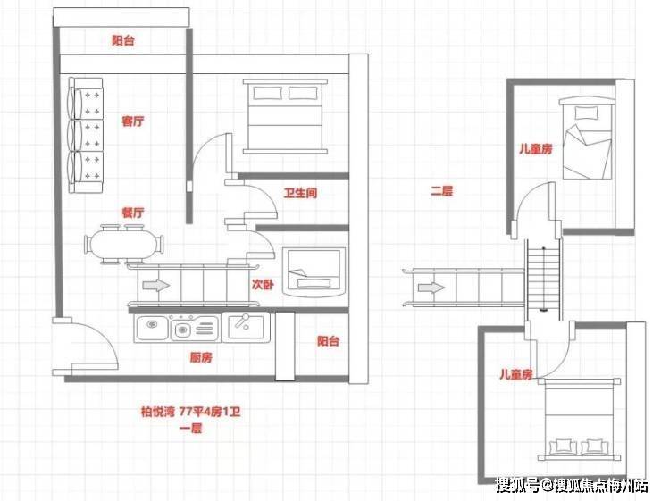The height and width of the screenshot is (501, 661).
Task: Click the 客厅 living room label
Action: [x=133, y=121]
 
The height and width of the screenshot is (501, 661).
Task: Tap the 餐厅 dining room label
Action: [x=133, y=213]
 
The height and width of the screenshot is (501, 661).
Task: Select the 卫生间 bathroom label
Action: [x=300, y=194]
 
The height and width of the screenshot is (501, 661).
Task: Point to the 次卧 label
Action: [x=263, y=284]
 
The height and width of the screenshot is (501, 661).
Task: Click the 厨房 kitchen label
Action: [x=201, y=358]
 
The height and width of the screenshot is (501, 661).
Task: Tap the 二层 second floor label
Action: [x=441, y=191]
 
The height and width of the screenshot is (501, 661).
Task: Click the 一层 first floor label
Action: [x=191, y=429]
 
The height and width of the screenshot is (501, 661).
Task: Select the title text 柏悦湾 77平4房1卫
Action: [x=190, y=412]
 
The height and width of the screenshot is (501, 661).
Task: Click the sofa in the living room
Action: [x=86, y=135]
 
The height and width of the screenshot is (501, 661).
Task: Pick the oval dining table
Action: [x=124, y=246]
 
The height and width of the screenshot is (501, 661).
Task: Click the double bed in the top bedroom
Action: [x=285, y=116]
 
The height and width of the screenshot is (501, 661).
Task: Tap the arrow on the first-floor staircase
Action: [x=156, y=285]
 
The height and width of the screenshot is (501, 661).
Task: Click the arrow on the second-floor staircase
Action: [x=431, y=288]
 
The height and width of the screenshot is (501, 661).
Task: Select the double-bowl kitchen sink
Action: [x=177, y=329]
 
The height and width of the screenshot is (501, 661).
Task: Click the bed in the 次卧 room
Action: [x=314, y=272]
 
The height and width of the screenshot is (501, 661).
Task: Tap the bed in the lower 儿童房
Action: [x=579, y=420]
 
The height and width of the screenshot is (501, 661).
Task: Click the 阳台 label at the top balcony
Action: [x=123, y=40]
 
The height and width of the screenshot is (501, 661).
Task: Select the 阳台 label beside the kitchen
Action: [x=328, y=341]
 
